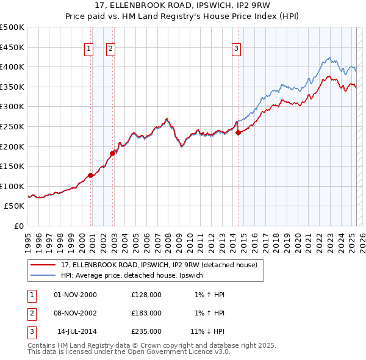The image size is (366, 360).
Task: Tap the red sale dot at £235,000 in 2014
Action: point(238,133)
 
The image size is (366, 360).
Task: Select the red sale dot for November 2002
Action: point(112,153)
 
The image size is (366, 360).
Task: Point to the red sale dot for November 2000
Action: point(90,175)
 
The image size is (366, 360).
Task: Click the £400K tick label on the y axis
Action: point(12,67)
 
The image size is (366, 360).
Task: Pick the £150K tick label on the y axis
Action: point(12,166)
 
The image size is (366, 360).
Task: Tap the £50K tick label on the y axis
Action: point(15,206)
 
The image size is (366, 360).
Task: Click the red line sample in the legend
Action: point(43,265)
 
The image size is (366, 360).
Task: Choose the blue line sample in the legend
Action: point(43,276)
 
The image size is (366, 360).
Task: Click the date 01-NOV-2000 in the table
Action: point(76,295)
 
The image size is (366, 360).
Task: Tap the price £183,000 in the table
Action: point(146,313)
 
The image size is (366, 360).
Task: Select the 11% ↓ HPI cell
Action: point(207,331)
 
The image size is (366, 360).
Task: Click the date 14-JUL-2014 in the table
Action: point(77,331)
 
